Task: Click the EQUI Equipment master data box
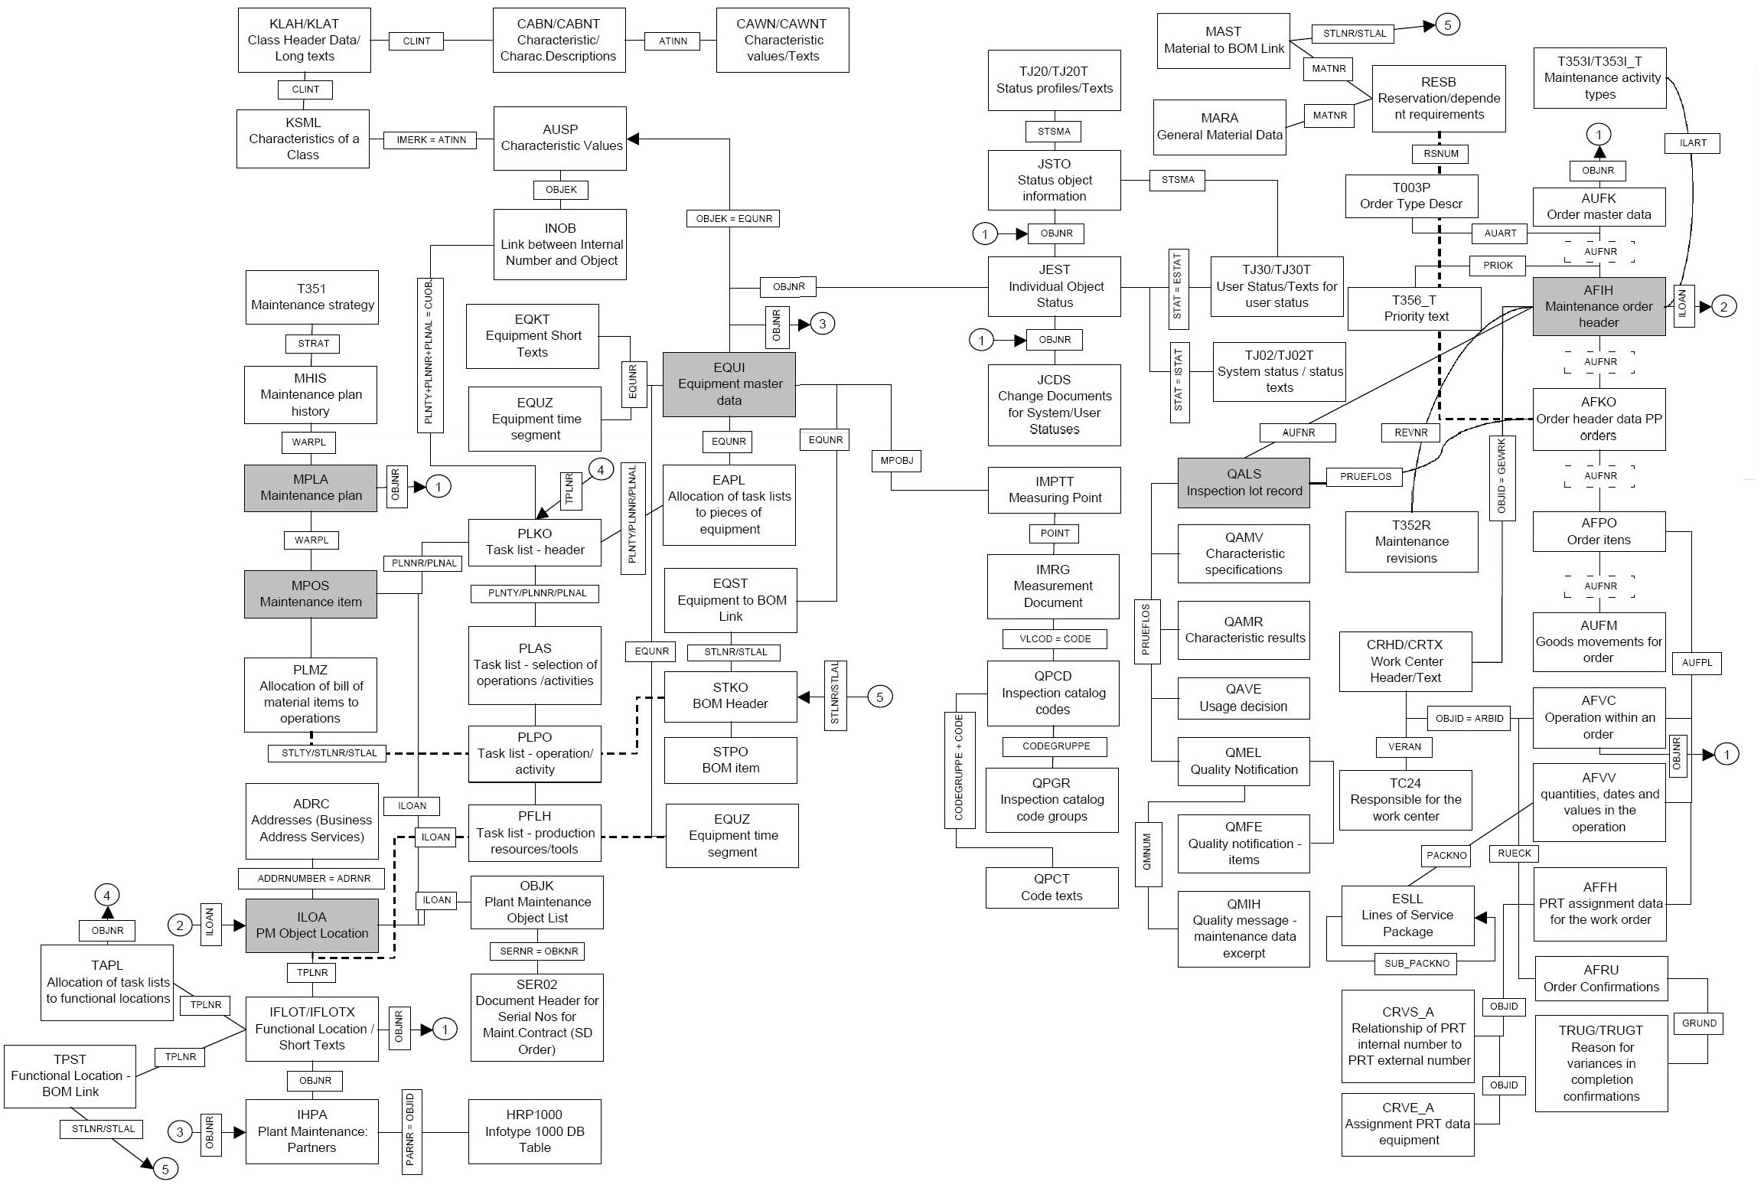pos(729,384)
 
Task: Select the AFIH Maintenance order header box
pos(1599,306)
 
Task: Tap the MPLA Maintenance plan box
pos(311,488)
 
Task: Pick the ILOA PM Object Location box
pos(311,925)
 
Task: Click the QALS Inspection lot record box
pos(1244,483)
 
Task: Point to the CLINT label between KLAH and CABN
pos(416,41)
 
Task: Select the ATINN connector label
pos(673,41)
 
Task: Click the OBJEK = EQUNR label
pos(734,219)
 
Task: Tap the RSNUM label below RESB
pos(1441,154)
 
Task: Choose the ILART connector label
pos(1693,143)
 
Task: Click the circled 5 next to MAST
pos(1447,24)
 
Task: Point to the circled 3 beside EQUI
pos(823,324)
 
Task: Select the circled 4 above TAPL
pos(107,896)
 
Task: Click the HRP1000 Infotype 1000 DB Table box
pos(534,1131)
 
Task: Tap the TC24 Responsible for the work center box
pos(1405,800)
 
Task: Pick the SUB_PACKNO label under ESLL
pos(1417,964)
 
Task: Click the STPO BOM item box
pos(730,760)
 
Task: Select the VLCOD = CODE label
pos(1055,639)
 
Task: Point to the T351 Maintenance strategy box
pos(312,297)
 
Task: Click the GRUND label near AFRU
pos(1699,1023)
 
